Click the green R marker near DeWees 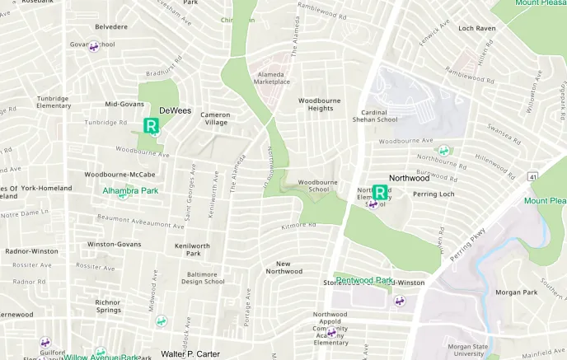pos(152,126)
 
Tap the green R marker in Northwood pos(380,192)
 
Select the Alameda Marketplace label pos(271,77)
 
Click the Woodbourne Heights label pos(319,104)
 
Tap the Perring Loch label pos(433,194)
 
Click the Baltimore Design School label pos(203,278)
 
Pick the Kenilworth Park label pos(192,250)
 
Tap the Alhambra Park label pos(129,190)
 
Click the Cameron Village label pos(216,119)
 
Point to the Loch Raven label pos(476,28)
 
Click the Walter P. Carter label pos(190,354)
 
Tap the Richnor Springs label pos(108,306)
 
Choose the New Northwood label pos(283,266)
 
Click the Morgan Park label pos(516,292)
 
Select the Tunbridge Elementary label pos(54,102)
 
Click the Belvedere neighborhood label pos(111,26)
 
